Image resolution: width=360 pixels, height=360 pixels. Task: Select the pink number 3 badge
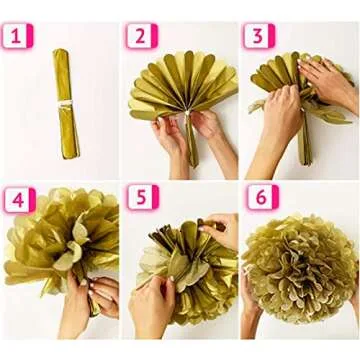259,37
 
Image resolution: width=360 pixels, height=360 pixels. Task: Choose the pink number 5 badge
141,199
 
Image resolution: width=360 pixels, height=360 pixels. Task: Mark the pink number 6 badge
260,199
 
